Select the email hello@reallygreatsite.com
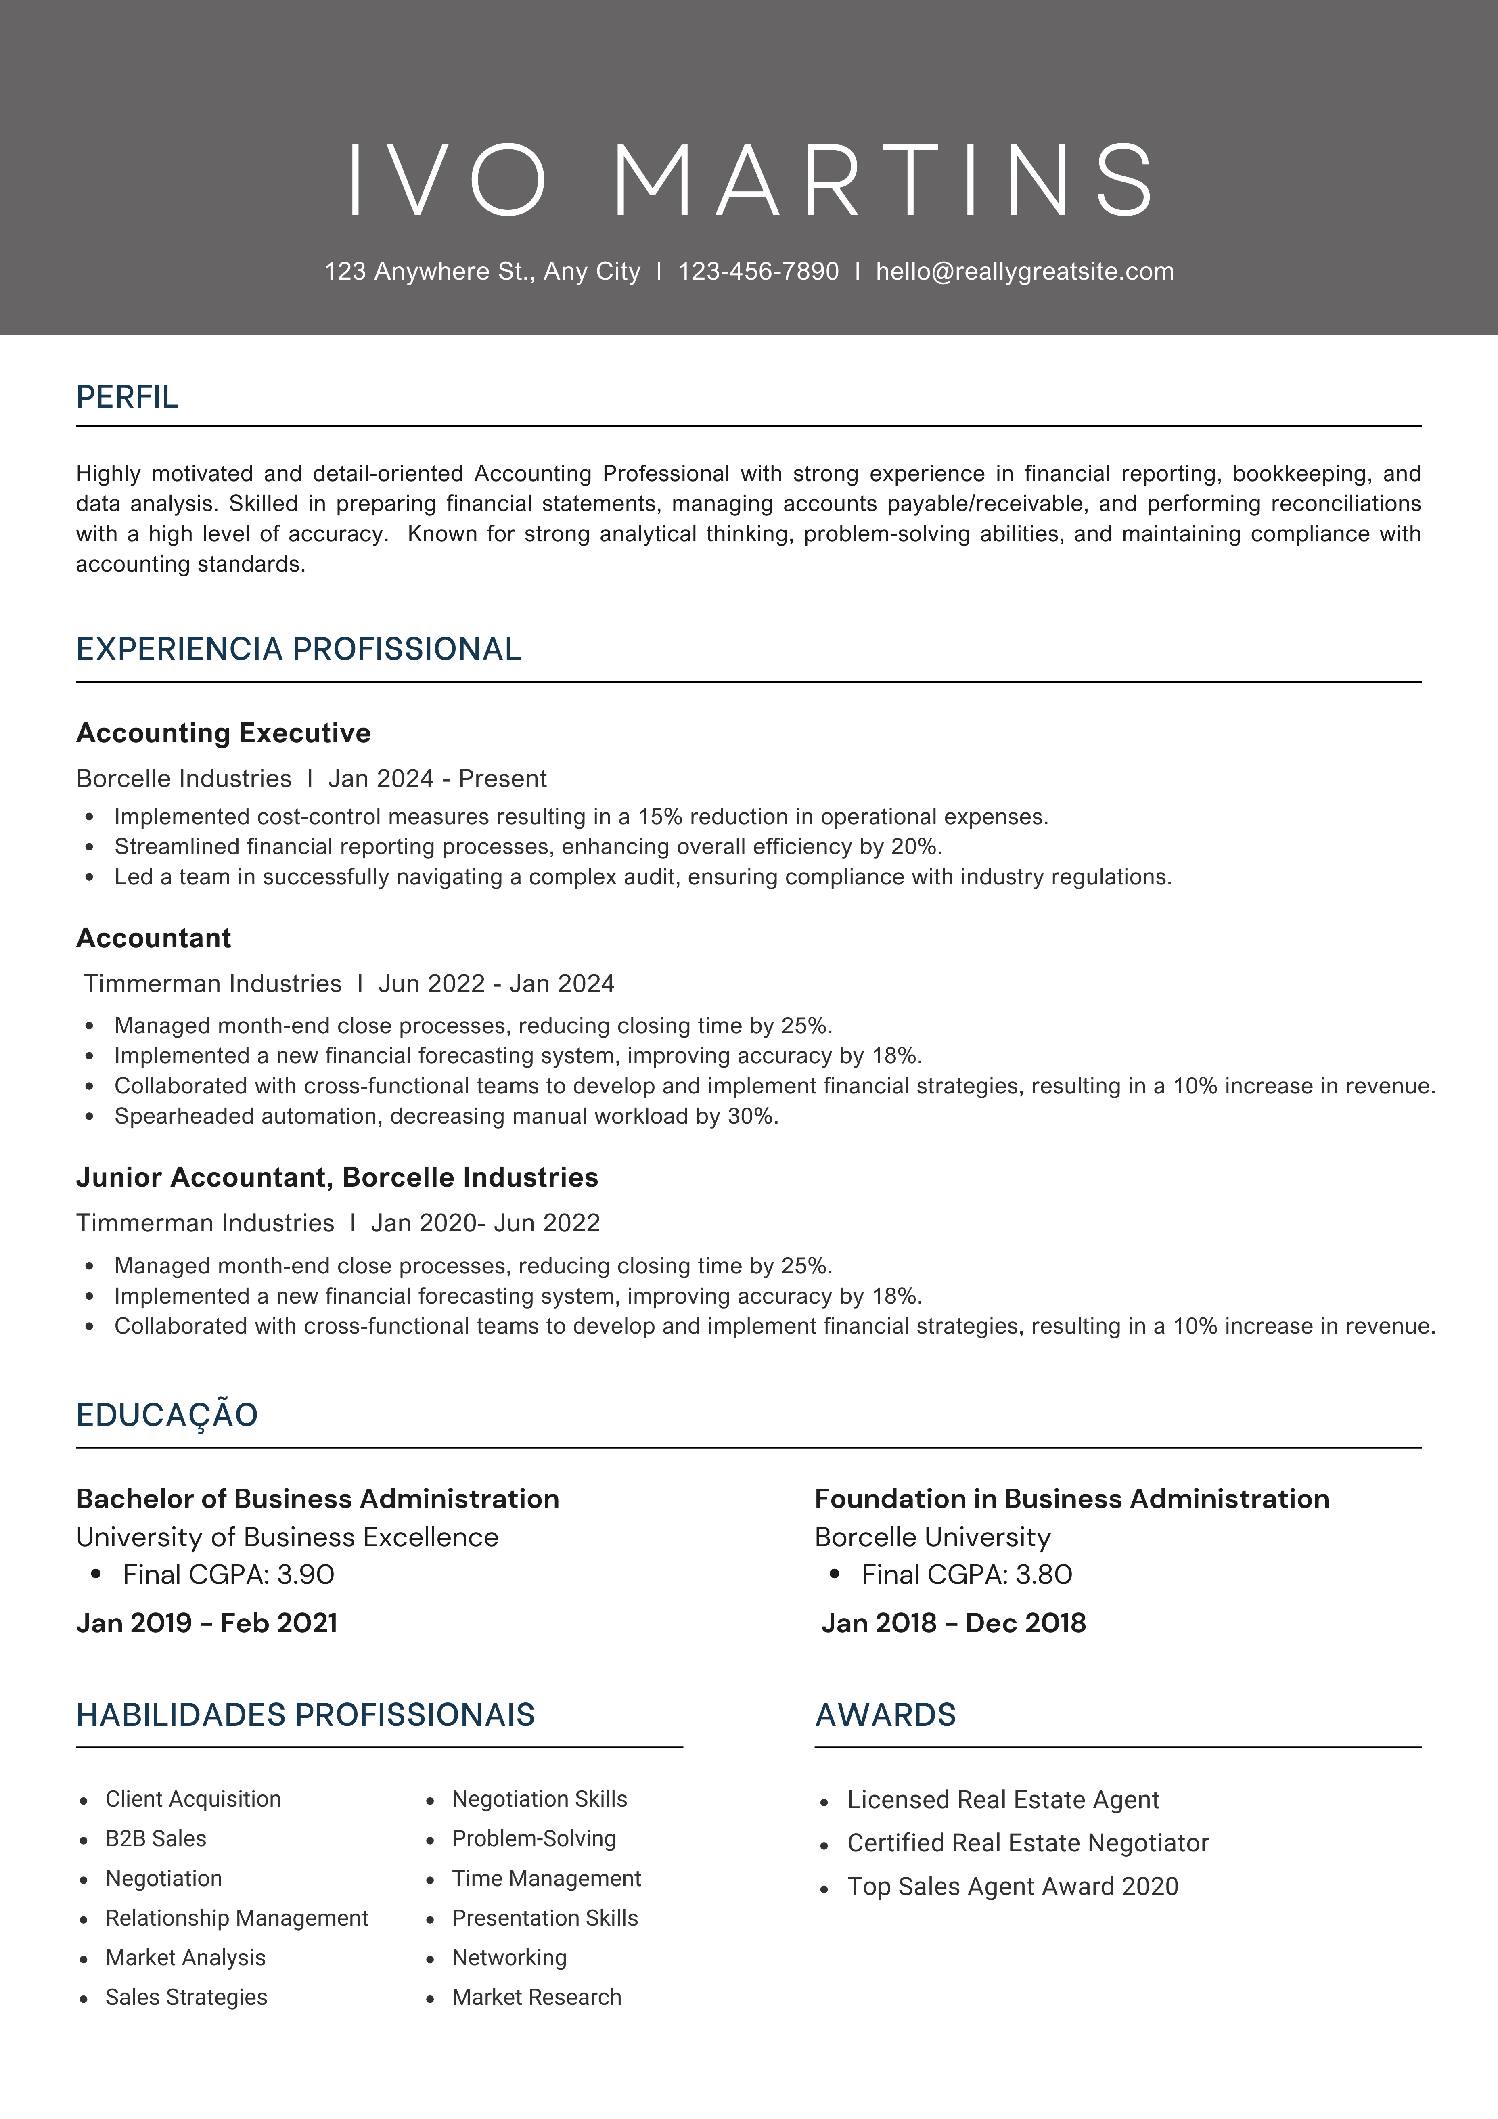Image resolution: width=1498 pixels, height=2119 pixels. tap(1025, 271)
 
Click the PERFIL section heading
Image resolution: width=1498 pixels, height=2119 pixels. tap(128, 397)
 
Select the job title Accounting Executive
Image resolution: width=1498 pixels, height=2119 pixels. tap(223, 733)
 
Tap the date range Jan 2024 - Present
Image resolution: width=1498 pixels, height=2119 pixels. tap(437, 779)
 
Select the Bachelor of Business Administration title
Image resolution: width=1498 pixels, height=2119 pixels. tap(318, 1499)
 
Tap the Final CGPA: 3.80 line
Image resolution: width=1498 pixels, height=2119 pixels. tap(967, 1575)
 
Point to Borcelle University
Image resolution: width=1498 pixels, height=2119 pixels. tap(932, 1537)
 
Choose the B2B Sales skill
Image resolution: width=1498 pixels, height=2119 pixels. tap(155, 1838)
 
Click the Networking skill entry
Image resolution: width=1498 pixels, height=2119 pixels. tap(508, 1958)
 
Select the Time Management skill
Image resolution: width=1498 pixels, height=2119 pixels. tap(546, 1878)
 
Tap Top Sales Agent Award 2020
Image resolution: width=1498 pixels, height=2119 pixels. tap(1013, 1887)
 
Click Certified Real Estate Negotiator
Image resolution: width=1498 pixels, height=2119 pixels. tap(1027, 1843)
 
